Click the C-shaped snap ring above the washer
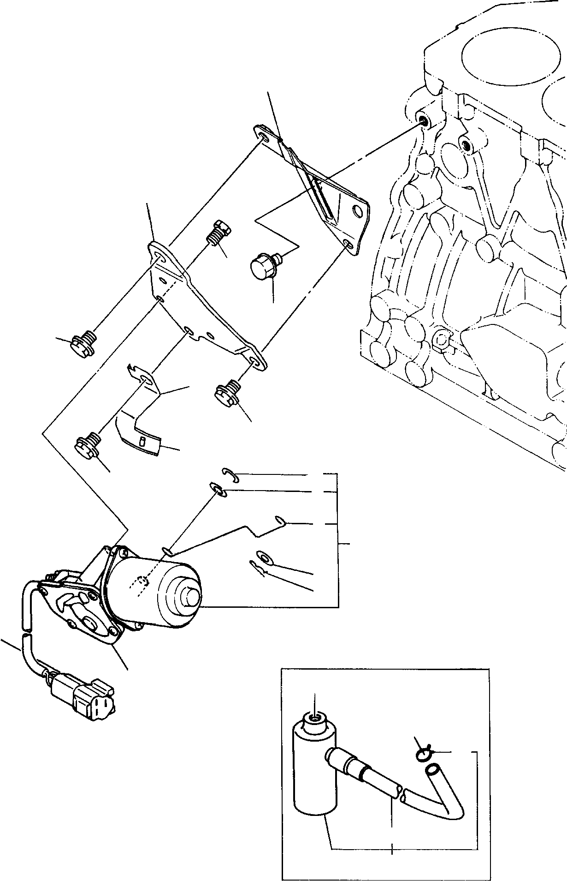tap(229, 475)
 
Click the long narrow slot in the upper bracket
tap(323, 198)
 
